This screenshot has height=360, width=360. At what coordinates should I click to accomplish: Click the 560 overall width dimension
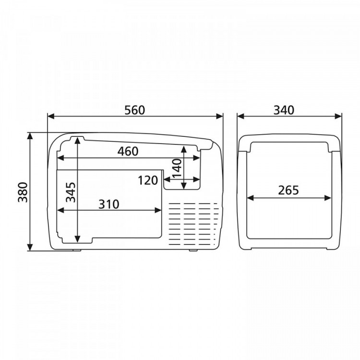click(x=135, y=110)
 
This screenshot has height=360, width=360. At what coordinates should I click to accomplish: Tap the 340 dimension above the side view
click(x=284, y=110)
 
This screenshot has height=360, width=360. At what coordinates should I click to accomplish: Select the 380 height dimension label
click(x=23, y=192)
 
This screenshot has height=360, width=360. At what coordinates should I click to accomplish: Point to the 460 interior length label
click(x=128, y=152)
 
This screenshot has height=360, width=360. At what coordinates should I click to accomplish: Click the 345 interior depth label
click(x=71, y=192)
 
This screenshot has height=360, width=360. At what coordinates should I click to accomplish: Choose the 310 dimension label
click(x=109, y=204)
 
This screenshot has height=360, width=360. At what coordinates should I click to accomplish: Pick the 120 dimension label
click(x=148, y=180)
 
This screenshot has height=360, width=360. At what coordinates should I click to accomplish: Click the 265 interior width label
click(x=288, y=190)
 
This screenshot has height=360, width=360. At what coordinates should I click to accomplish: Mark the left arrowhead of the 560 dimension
click(x=51, y=117)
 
